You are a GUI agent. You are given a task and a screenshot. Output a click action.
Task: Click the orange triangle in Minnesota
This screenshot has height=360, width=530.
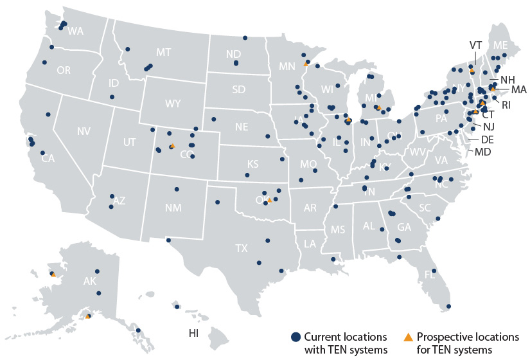[306, 64]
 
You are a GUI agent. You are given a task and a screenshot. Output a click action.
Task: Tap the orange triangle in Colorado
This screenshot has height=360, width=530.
[172, 147]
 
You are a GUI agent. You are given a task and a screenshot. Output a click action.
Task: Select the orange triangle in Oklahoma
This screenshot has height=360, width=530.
[270, 201]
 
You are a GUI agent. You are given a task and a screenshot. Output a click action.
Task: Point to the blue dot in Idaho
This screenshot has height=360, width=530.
[112, 97]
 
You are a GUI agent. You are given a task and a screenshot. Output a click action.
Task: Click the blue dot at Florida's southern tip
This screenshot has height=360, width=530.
[448, 306]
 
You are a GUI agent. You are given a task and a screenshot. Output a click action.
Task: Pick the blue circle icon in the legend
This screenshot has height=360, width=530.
[296, 337]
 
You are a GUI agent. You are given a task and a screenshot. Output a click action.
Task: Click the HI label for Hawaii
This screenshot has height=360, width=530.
[193, 333]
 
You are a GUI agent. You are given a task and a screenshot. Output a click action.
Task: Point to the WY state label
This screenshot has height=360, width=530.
[173, 103]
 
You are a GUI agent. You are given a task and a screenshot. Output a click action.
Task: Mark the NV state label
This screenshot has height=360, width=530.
[84, 131]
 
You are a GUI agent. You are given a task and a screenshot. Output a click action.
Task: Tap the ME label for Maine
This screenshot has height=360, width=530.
[500, 44]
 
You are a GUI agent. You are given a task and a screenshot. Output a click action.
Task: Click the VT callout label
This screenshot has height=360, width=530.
[475, 45]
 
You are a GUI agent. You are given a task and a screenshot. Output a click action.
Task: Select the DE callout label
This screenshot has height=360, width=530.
[487, 139]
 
